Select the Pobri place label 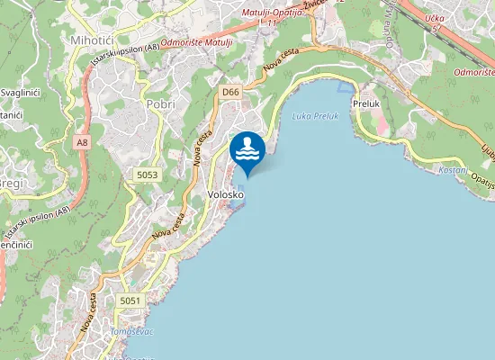coord(160,103)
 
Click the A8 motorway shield coord(83,142)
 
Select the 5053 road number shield coord(148,174)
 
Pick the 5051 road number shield coord(130,300)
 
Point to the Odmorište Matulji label coord(200,41)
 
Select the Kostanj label coord(452,169)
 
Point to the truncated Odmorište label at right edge coord(473,70)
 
